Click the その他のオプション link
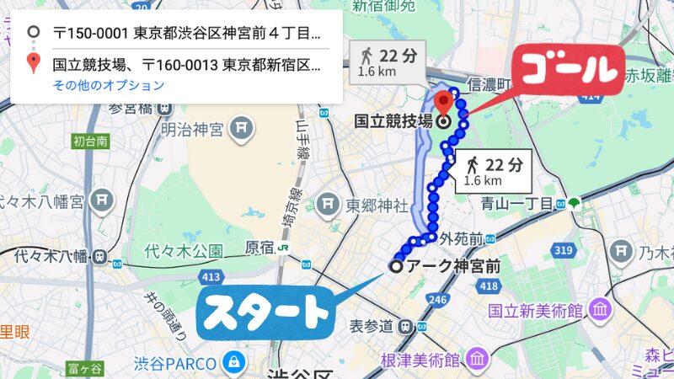coord(108,85)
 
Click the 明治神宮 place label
coord(192,130)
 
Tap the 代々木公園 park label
coord(184,250)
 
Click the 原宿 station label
coord(260,248)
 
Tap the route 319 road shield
coord(563,251)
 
